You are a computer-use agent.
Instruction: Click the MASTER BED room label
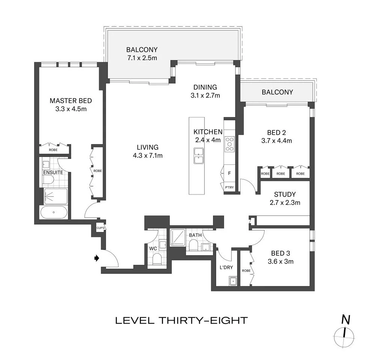pyautogui.click(x=71, y=101)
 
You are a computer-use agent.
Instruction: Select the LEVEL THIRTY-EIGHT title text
pyautogui.click(x=181, y=320)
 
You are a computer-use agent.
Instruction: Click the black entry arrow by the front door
pyautogui.click(x=97, y=258)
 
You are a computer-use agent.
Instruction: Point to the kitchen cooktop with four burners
pyautogui.click(x=229, y=144)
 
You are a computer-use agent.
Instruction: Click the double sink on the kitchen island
pyautogui.click(x=198, y=156)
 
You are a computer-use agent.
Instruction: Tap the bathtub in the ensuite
pyautogui.click(x=54, y=212)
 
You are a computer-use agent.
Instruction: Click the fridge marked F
pyautogui.click(x=229, y=173)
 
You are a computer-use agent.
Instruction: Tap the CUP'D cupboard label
pyautogui.click(x=100, y=228)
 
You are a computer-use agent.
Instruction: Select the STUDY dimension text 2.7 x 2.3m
pyautogui.click(x=284, y=203)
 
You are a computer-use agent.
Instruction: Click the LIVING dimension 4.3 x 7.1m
pyautogui.click(x=147, y=155)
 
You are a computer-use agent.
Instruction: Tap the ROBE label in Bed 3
pyautogui.click(x=246, y=271)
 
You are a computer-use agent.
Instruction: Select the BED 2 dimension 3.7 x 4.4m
pyautogui.click(x=276, y=141)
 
